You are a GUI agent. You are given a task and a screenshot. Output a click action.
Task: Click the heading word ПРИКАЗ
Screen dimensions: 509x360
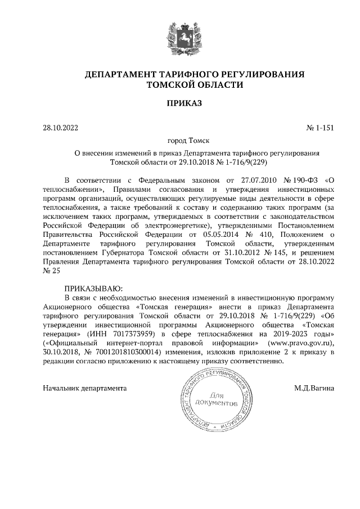coord(179,103)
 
